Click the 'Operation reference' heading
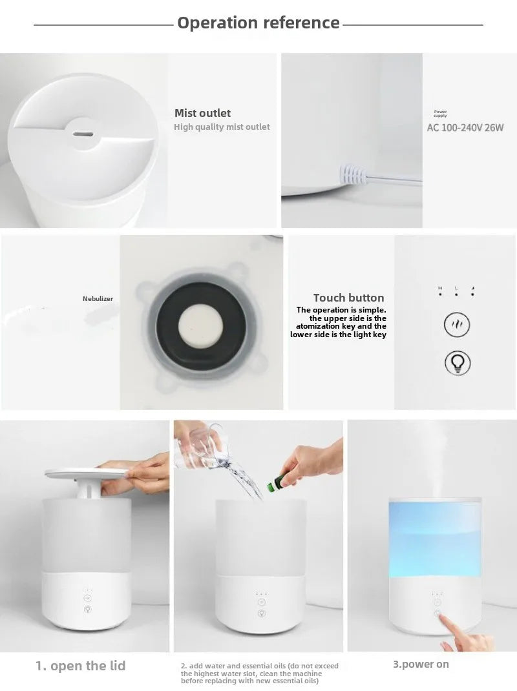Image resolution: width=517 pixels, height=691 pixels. click(x=258, y=23)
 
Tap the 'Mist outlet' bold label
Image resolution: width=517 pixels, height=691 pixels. click(x=202, y=113)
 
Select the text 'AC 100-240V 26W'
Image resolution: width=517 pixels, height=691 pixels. click(x=465, y=128)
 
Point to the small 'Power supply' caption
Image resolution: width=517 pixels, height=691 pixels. click(x=440, y=114)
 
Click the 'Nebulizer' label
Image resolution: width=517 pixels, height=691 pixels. click(x=98, y=299)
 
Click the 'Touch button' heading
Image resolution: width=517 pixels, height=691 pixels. click(x=348, y=298)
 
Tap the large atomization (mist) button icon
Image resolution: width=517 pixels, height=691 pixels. click(x=456, y=325)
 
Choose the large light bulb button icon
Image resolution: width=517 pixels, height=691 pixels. click(x=458, y=363)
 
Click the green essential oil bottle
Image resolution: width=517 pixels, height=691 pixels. click(x=276, y=482)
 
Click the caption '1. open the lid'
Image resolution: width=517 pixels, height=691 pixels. click(x=80, y=665)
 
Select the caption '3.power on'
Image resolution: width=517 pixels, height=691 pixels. click(x=421, y=664)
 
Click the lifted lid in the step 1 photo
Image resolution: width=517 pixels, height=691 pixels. click(x=87, y=473)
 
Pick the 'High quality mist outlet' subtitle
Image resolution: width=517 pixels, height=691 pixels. click(x=222, y=127)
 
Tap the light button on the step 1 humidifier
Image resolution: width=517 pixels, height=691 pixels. click(x=87, y=609)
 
